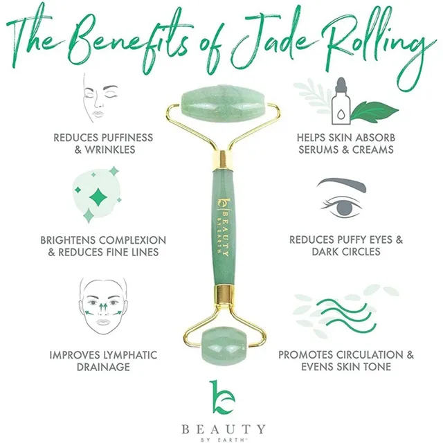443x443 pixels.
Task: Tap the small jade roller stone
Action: coord(224,346)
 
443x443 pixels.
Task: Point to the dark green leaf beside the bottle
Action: coord(374,111)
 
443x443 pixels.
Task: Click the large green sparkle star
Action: coord(98,197)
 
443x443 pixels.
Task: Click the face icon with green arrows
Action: coord(103,306)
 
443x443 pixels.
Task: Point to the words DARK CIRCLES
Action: coord(346,251)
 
